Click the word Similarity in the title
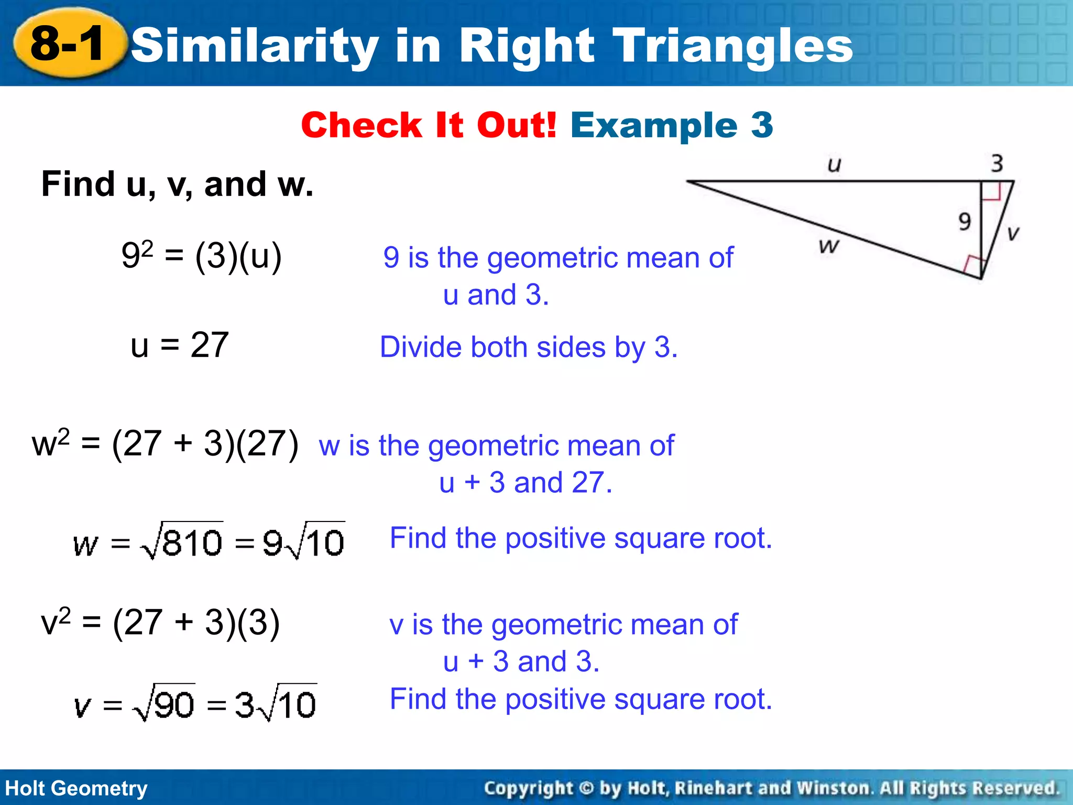click(255, 46)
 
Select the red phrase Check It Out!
click(429, 125)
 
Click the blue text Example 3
click(672, 125)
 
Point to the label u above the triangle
click(834, 165)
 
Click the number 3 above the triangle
click(997, 163)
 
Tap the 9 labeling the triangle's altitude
click(965, 222)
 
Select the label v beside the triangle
click(1013, 233)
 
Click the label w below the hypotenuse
click(829, 245)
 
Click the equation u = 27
click(179, 345)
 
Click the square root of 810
click(182, 541)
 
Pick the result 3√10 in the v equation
click(276, 703)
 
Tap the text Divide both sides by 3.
click(528, 347)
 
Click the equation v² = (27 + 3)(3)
click(160, 623)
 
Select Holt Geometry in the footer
click(76, 788)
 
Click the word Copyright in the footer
click(528, 788)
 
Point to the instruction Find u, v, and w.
click(177, 184)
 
